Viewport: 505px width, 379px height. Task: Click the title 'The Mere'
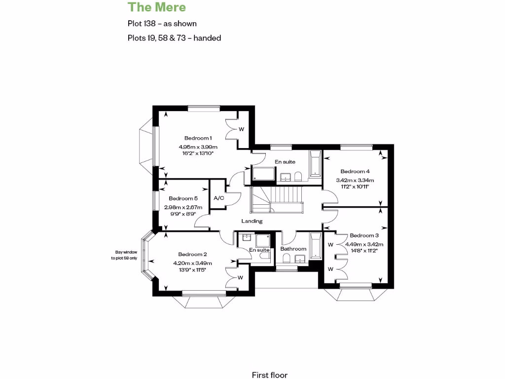(157, 7)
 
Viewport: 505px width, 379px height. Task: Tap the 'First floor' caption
(269, 375)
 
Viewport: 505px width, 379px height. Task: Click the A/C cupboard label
(218, 198)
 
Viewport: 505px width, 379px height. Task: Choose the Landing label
(252, 221)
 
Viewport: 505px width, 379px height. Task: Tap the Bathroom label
(293, 249)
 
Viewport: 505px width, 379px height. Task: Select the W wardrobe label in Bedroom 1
(242, 129)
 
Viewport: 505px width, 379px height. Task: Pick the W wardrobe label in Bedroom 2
(240, 277)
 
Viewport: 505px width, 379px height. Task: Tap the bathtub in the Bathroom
(316, 246)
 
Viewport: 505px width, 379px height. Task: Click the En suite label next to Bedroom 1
(285, 162)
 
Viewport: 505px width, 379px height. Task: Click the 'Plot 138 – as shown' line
(162, 23)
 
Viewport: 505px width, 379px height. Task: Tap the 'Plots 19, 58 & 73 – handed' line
(174, 38)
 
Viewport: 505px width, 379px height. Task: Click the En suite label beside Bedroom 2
(259, 250)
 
